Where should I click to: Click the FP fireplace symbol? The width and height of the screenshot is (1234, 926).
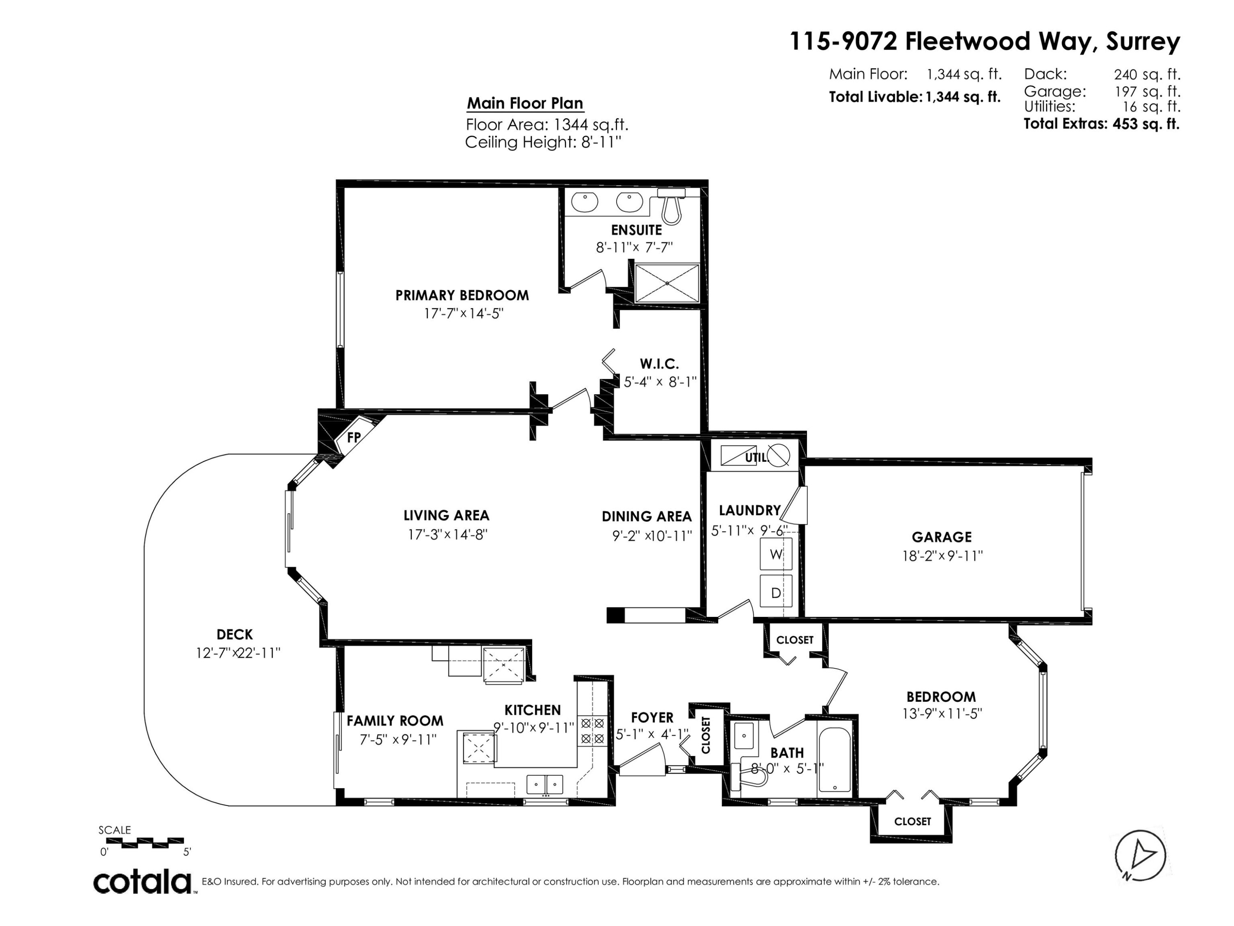[x=354, y=437]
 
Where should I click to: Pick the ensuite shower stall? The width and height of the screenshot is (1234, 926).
[x=667, y=283]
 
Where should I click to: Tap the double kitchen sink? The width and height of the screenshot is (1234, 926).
[x=545, y=784]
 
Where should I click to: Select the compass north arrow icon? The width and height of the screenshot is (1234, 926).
[x=1140, y=855]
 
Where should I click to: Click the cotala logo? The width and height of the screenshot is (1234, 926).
[x=142, y=882]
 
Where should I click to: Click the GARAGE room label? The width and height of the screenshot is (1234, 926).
[x=942, y=537]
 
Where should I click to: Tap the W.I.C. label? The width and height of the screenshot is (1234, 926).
[x=659, y=364]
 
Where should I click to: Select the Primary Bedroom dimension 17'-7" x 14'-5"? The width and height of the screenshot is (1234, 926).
[x=463, y=313]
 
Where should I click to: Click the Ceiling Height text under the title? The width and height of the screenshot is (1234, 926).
[x=543, y=142]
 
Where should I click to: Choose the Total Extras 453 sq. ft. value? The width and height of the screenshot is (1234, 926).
[x=1146, y=124]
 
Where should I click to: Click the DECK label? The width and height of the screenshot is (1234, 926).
[x=234, y=634]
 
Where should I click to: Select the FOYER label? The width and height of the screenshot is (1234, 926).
[x=652, y=717]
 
